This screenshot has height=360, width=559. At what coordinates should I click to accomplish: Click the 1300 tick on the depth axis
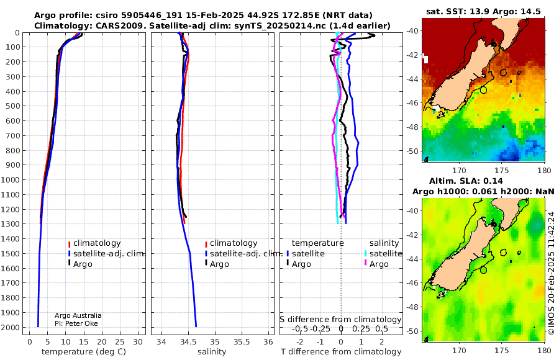click(11, 224)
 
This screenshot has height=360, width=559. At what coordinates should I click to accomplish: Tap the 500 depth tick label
click(13, 106)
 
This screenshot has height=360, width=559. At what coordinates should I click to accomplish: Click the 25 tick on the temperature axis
click(120, 341)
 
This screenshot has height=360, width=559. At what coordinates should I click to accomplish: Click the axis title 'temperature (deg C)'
click(84, 352)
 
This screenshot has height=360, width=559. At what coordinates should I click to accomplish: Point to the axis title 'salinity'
click(212, 352)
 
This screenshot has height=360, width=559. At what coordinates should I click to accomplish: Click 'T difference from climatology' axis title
click(341, 352)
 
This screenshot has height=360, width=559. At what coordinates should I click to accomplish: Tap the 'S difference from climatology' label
click(340, 320)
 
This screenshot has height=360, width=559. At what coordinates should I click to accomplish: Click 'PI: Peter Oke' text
click(76, 323)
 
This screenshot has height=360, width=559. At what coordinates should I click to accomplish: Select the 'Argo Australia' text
click(78, 315)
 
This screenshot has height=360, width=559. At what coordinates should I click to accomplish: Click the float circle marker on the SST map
click(483, 90)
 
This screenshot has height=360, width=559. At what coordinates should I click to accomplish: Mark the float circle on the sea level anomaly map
click(483, 270)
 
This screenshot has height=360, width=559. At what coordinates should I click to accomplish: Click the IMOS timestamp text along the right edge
click(552, 273)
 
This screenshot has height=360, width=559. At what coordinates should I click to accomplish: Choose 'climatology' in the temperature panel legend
click(97, 243)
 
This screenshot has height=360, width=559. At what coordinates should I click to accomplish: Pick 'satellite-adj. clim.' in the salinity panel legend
click(246, 254)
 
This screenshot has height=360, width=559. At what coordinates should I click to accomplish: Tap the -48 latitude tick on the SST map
click(413, 127)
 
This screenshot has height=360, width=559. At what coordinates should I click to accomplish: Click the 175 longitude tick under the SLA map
click(502, 350)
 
